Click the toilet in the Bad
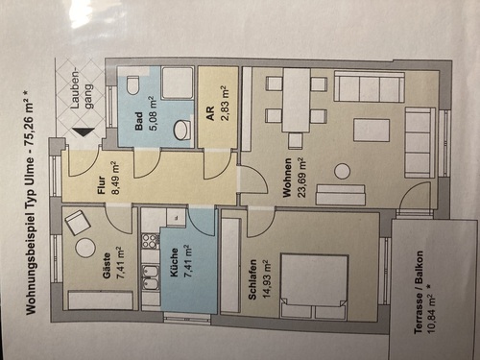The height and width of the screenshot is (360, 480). click(x=133, y=85)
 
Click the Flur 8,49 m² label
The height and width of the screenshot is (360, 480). click(x=108, y=177)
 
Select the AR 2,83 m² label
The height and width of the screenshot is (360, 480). click(x=216, y=100)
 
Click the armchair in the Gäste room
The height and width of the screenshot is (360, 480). click(x=78, y=224)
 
